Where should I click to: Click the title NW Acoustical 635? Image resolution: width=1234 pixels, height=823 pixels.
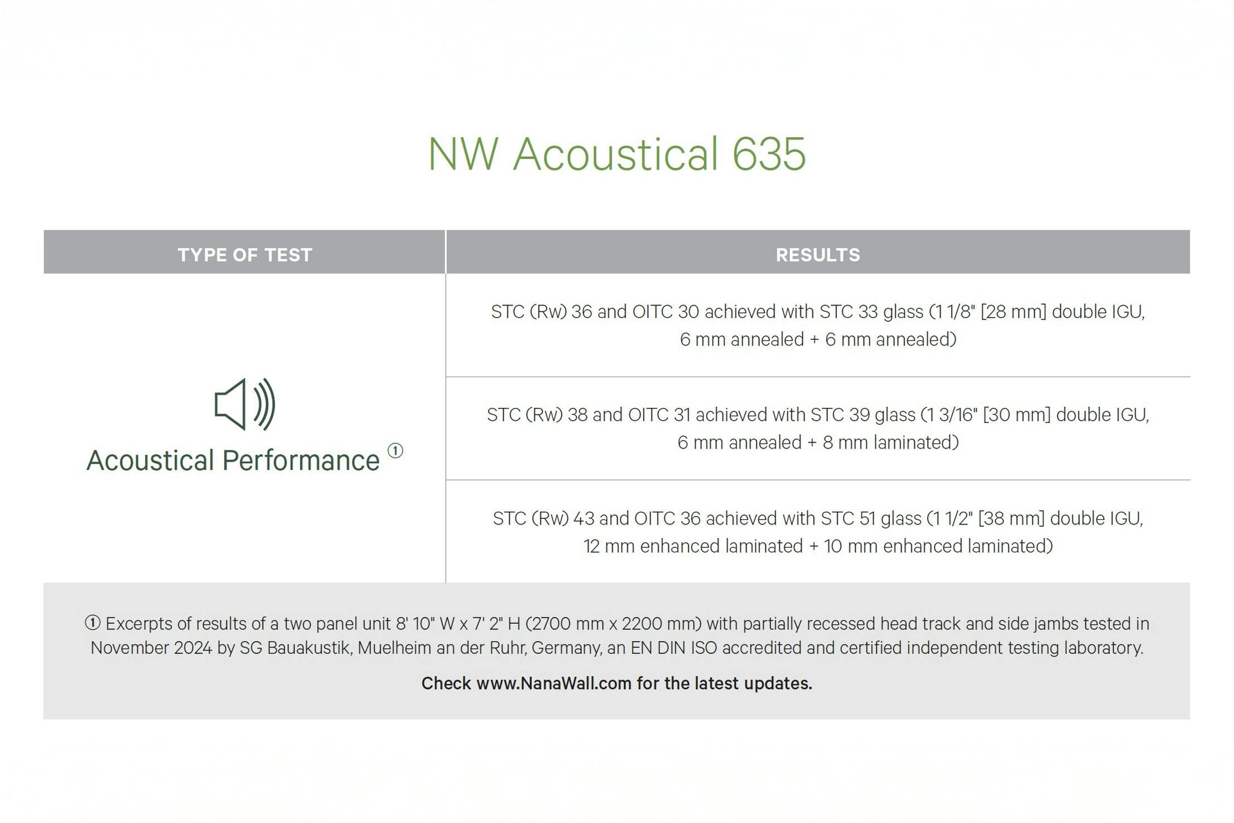point(616,153)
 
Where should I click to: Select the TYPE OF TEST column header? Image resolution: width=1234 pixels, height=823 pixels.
point(244,255)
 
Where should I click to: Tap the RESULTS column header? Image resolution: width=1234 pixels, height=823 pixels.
point(818,255)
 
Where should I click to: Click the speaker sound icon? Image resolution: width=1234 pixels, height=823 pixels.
point(244,405)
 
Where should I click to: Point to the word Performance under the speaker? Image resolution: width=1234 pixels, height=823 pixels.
point(301,461)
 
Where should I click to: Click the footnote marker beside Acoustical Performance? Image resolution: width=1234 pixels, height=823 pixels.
point(395,451)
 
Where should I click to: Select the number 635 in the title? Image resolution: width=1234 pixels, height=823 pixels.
point(769,153)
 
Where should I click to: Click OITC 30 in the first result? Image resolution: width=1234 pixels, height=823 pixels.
point(665,311)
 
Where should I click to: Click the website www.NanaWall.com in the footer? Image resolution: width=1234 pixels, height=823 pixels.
point(553,684)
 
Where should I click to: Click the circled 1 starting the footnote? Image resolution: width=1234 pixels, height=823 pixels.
point(93,623)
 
